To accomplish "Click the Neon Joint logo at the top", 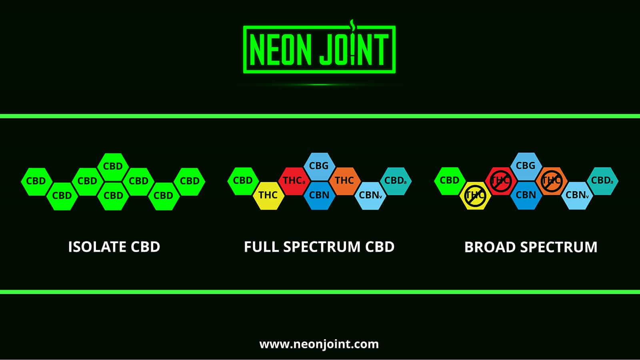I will [x=319, y=50].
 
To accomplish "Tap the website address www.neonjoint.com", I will [x=319, y=344].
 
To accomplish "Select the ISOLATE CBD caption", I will [x=114, y=247].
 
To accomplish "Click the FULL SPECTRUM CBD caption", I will [x=319, y=247].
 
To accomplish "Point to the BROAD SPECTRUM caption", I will [x=531, y=247].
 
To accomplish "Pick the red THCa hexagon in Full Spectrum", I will [x=294, y=181].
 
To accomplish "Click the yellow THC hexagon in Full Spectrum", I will [x=268, y=195].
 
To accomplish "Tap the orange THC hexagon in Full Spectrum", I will [x=344, y=181].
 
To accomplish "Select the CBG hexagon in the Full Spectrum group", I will [x=319, y=166].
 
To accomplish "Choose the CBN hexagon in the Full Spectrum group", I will [x=319, y=195].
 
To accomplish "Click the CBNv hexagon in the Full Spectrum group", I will [x=370, y=196].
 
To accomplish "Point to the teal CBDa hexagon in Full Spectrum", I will [x=395, y=181].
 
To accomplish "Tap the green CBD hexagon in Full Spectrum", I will [x=243, y=181].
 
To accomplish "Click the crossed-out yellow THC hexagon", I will [x=475, y=195].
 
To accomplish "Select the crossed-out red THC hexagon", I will [x=500, y=181].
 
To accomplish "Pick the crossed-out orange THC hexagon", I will [x=551, y=181].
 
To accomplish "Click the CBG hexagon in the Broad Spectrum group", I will [x=526, y=166].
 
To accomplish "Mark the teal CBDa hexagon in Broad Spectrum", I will [x=602, y=181].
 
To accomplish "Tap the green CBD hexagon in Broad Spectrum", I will [x=450, y=181].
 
